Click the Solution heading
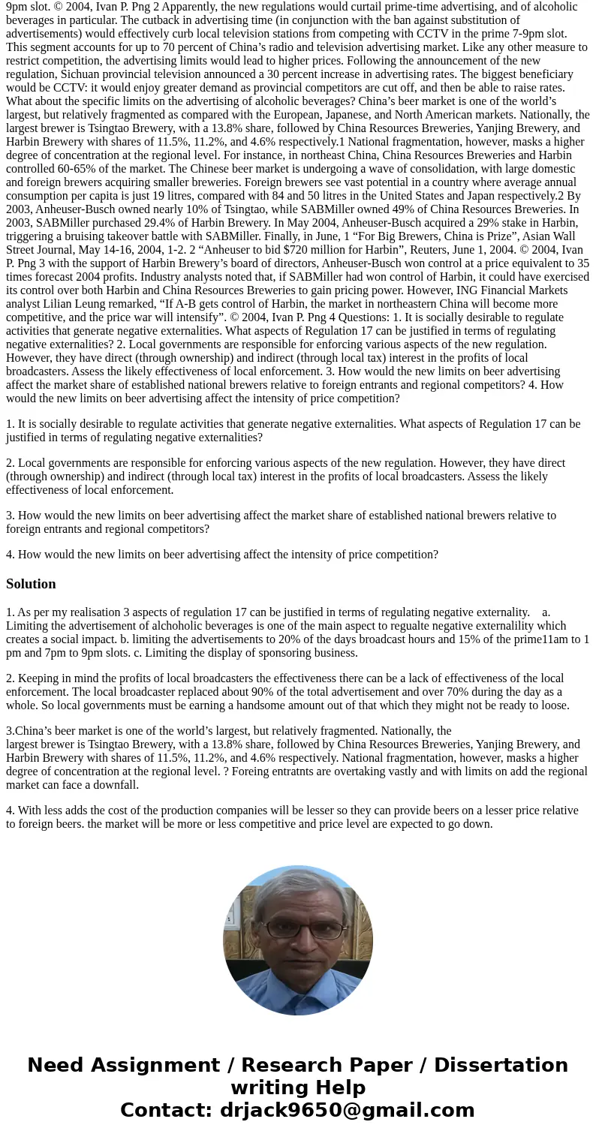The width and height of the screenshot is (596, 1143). pos(31,584)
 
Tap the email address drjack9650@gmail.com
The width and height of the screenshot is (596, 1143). pos(347,1110)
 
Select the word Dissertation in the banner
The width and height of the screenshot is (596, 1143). pos(501,1065)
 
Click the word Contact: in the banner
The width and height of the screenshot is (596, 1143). pos(166,1110)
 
